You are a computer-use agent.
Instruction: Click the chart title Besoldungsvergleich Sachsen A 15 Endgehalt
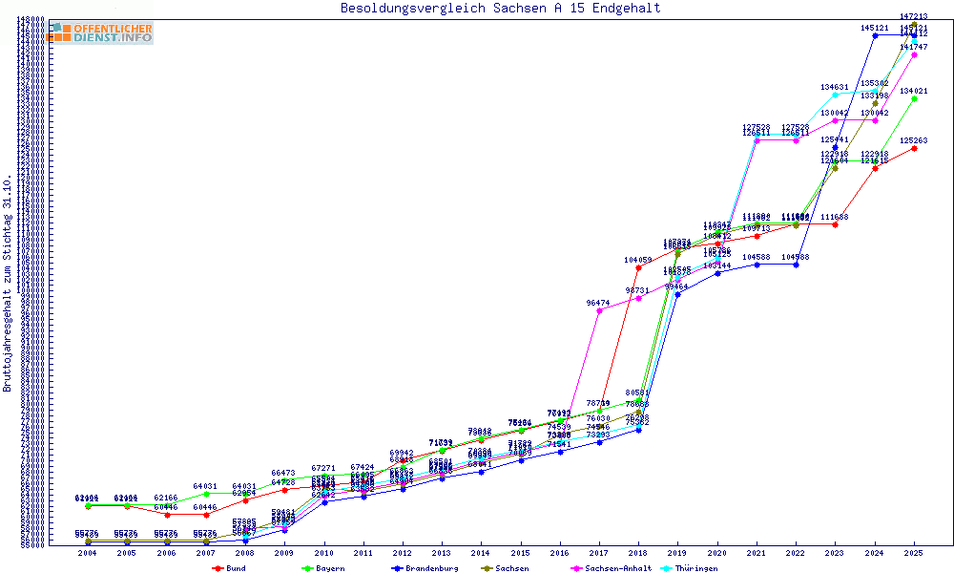(x=500, y=9)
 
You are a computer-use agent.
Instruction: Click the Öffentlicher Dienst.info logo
(x=101, y=32)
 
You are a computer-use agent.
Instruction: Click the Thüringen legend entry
(x=710, y=568)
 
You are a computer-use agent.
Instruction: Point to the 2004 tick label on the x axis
(x=88, y=553)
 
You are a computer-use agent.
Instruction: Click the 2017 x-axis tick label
(x=598, y=553)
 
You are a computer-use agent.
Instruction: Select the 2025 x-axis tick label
(x=914, y=553)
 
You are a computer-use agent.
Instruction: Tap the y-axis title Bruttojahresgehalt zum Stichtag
(x=9, y=284)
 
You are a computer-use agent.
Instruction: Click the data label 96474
(x=598, y=303)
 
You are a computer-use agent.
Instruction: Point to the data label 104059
(x=638, y=260)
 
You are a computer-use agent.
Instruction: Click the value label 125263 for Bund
(x=914, y=140)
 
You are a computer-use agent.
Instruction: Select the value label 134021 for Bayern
(x=914, y=91)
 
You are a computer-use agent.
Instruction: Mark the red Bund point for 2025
(x=914, y=148)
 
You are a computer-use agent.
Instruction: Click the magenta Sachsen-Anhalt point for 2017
(x=599, y=310)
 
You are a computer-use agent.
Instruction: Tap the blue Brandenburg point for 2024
(x=875, y=35)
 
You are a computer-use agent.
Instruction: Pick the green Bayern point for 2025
(x=914, y=98)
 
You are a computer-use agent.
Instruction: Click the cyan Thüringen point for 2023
(x=835, y=95)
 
